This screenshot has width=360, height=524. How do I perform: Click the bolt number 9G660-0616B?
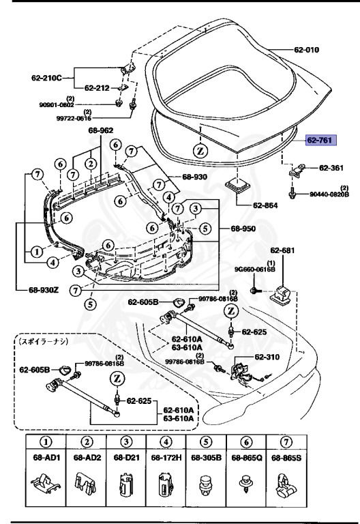point(277,270)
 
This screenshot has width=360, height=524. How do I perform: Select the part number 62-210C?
point(46,77)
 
